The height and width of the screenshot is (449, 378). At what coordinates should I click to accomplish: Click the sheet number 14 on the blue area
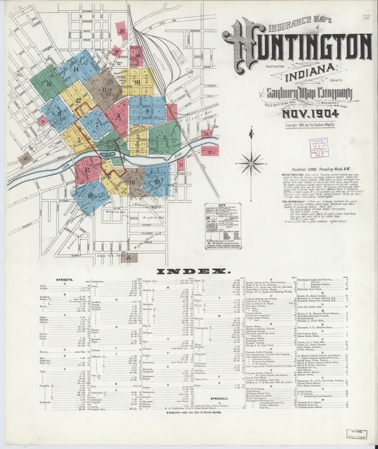(77, 69)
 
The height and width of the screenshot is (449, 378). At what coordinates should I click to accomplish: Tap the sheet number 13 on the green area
(49, 84)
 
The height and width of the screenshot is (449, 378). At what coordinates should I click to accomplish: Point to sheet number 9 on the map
(148, 111)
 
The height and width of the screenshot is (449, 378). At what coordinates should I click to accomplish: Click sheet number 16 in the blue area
(90, 196)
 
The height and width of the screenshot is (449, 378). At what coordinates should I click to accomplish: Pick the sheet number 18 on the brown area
(132, 182)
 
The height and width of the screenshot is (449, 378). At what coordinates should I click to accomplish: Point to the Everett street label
(77, 255)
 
